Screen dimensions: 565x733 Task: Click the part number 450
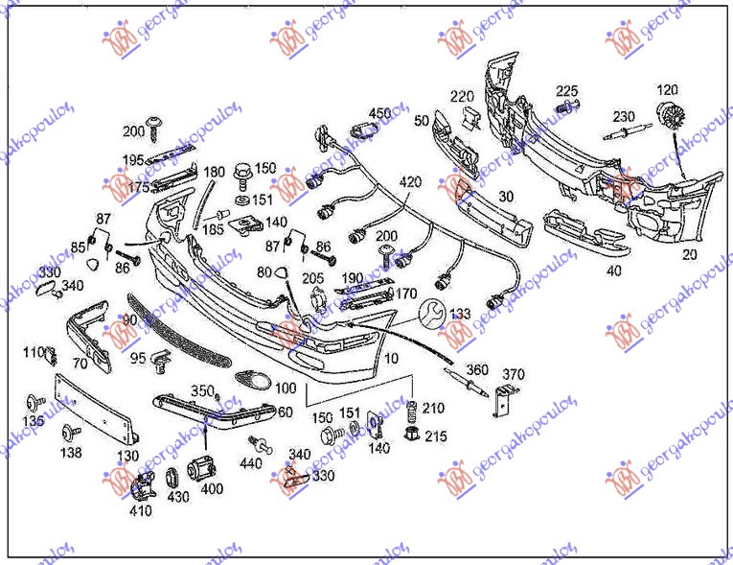pos(379,113)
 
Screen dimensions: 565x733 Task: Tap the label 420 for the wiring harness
pos(410,181)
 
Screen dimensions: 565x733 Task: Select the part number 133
pos(461,315)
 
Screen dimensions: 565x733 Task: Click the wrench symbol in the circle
pos(430,313)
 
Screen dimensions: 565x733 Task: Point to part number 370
pos(515,374)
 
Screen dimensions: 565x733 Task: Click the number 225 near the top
pos(567,90)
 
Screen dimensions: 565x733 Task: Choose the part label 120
pos(666,90)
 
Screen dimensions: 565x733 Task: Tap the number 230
pos(624,116)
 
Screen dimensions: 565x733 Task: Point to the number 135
pos(34,420)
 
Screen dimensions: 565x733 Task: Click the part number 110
pos(34,352)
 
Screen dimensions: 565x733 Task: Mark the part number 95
pos(138,357)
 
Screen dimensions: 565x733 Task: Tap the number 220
pos(463,96)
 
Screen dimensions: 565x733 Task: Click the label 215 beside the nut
pos(436,436)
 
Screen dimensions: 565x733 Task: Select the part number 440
pos(251,463)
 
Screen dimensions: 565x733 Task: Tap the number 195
pos(133,159)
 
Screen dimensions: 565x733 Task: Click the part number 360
pos(477,370)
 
